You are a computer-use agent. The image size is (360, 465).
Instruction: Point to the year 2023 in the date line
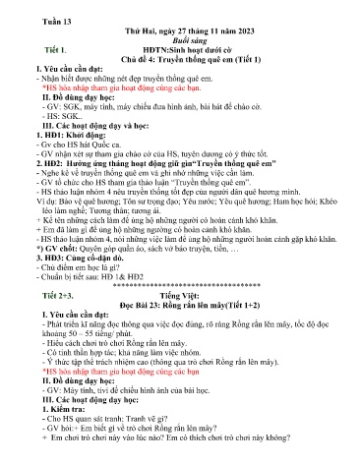coord(224,31)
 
